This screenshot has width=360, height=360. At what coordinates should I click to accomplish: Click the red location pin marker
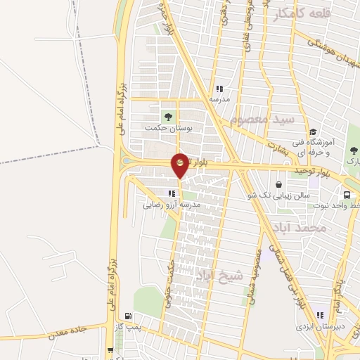(180, 164)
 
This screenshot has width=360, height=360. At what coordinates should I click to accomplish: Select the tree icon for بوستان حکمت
(167, 116)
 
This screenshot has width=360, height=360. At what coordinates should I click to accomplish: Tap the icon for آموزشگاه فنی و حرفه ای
(311, 131)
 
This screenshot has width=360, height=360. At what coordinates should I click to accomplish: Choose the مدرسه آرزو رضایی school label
(172, 205)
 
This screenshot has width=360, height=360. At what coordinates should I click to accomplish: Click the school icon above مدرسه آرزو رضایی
(170, 193)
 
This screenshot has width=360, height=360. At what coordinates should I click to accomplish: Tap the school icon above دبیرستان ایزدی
(321, 315)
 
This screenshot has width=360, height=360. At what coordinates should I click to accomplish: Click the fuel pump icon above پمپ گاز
(127, 316)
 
